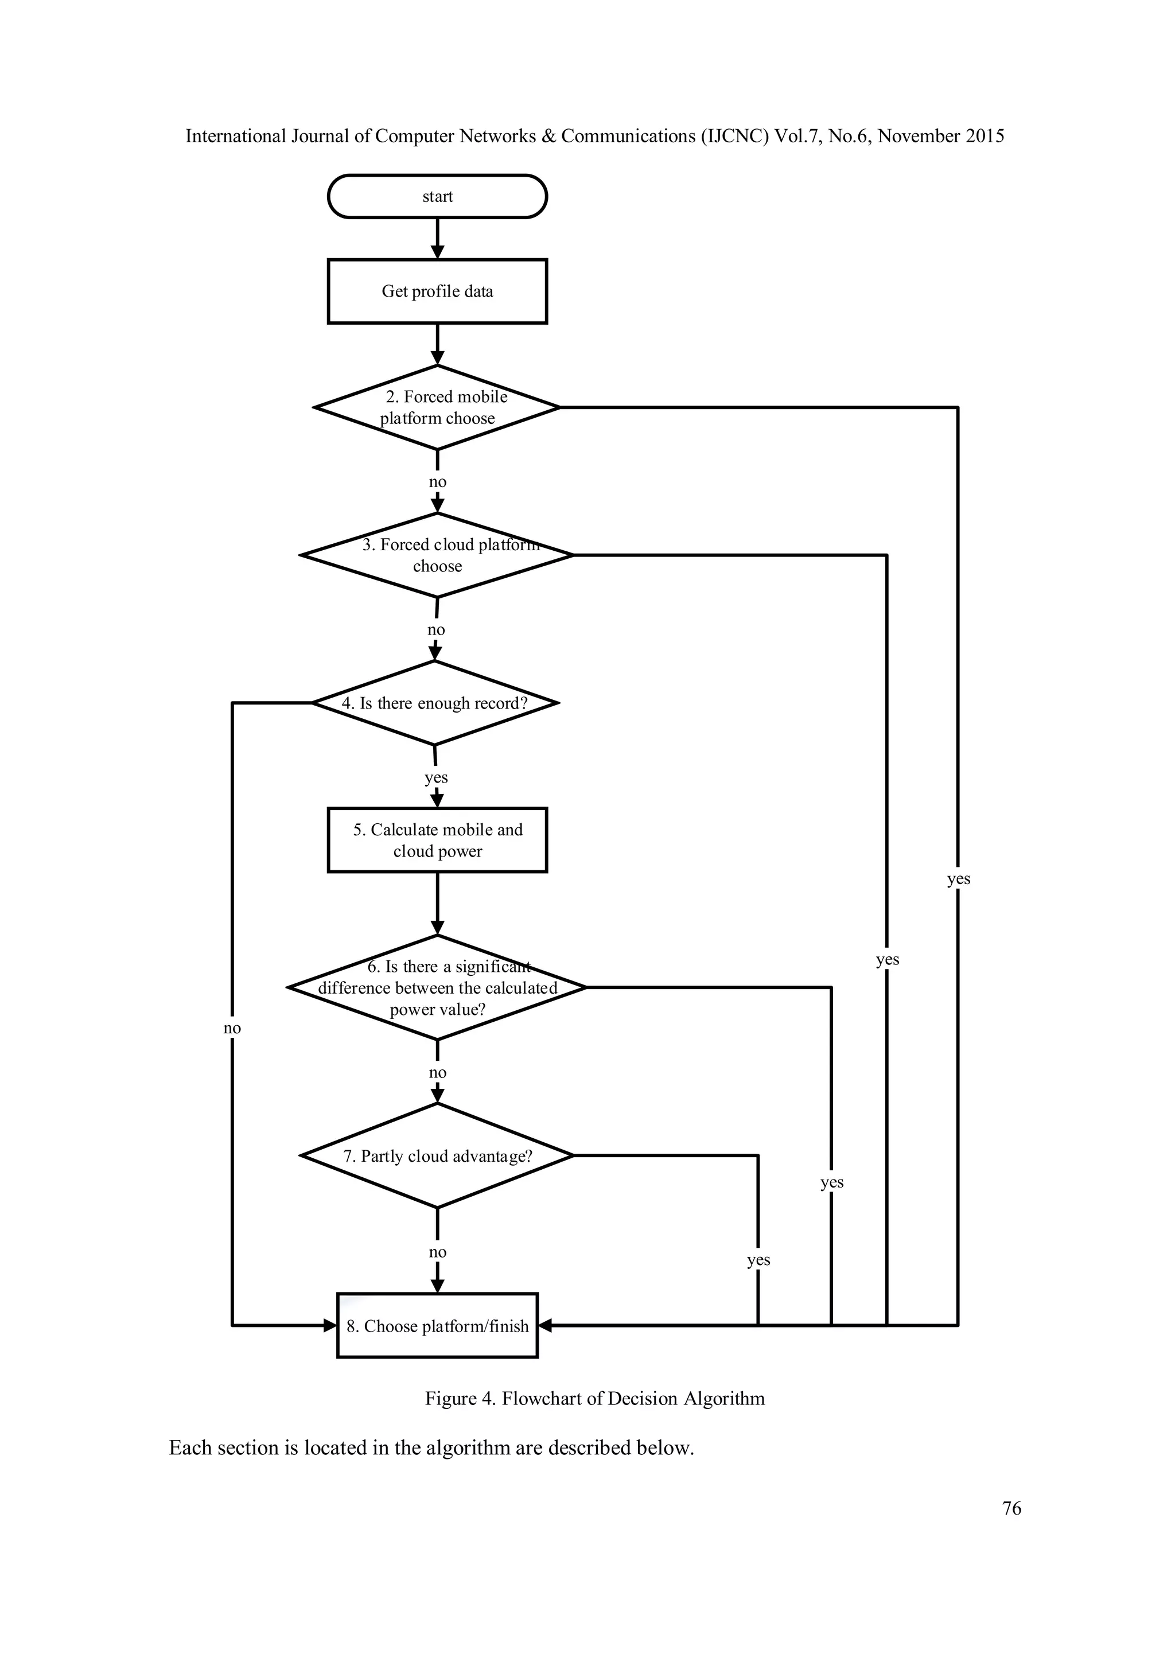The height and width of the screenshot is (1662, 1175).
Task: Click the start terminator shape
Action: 437,196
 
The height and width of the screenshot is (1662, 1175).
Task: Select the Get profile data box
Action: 437,291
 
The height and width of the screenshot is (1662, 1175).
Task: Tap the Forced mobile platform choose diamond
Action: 437,407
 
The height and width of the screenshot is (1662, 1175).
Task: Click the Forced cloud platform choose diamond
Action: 437,555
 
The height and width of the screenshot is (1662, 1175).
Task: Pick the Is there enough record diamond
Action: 434,703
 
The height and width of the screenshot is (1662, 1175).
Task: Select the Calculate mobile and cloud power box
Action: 437,840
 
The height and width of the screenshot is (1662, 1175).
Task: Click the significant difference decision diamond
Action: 437,987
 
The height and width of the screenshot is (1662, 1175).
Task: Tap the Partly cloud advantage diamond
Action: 437,1156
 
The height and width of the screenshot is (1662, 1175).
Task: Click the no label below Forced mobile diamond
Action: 437,482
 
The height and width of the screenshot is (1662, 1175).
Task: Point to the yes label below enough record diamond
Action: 436,777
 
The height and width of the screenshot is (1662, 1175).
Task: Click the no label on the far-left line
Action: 232,1028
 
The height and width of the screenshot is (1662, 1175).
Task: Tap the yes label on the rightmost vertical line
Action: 958,879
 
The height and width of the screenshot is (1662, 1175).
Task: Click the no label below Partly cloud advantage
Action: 437,1252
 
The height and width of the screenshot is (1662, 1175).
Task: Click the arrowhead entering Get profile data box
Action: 437,252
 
